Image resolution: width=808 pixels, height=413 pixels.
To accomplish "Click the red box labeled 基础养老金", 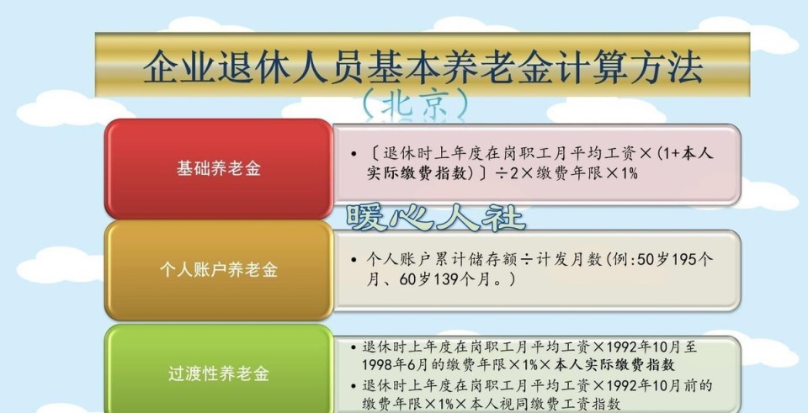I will click(218, 168).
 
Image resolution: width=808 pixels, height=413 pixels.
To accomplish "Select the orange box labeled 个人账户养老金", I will click(218, 270).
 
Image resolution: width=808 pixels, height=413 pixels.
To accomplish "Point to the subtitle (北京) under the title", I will click(415, 103).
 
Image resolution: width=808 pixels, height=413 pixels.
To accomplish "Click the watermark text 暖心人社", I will click(435, 217).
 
